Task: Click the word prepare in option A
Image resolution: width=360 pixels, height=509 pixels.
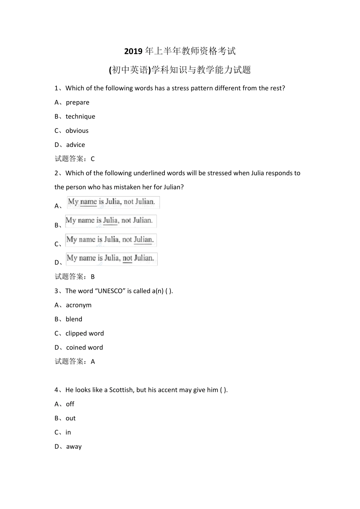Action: pyautogui.click(x=78, y=102)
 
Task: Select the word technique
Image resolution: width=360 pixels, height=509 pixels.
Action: pyautogui.click(x=80, y=117)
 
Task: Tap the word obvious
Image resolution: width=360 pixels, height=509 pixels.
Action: pyautogui.click(x=77, y=131)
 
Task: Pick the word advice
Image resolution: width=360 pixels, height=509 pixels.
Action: pyautogui.click(x=75, y=145)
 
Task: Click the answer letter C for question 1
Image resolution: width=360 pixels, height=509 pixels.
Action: pyautogui.click(x=93, y=159)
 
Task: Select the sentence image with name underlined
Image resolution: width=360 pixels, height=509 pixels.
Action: pyautogui.click(x=113, y=202)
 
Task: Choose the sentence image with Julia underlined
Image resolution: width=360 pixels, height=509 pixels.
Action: pyautogui.click(x=111, y=221)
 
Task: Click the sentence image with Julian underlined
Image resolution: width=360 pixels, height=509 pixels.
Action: pyautogui.click(x=111, y=240)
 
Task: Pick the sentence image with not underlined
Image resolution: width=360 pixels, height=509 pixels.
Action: pyautogui.click(x=112, y=259)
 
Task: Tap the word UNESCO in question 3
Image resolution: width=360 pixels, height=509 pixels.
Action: pyautogui.click(x=111, y=291)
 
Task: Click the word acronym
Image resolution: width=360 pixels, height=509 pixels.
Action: pyautogui.click(x=78, y=305)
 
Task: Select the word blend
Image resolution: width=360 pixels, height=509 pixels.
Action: pyautogui.click(x=74, y=319)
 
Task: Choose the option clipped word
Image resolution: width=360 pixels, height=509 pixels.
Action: pyautogui.click(x=85, y=333)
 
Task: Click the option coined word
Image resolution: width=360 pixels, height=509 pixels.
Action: pyautogui.click(x=85, y=348)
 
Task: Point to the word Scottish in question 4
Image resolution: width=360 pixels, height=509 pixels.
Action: pyautogui.click(x=121, y=390)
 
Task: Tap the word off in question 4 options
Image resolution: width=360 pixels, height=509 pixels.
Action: pyautogui.click(x=70, y=404)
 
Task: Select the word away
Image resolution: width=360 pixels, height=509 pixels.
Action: pyautogui.click(x=74, y=447)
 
